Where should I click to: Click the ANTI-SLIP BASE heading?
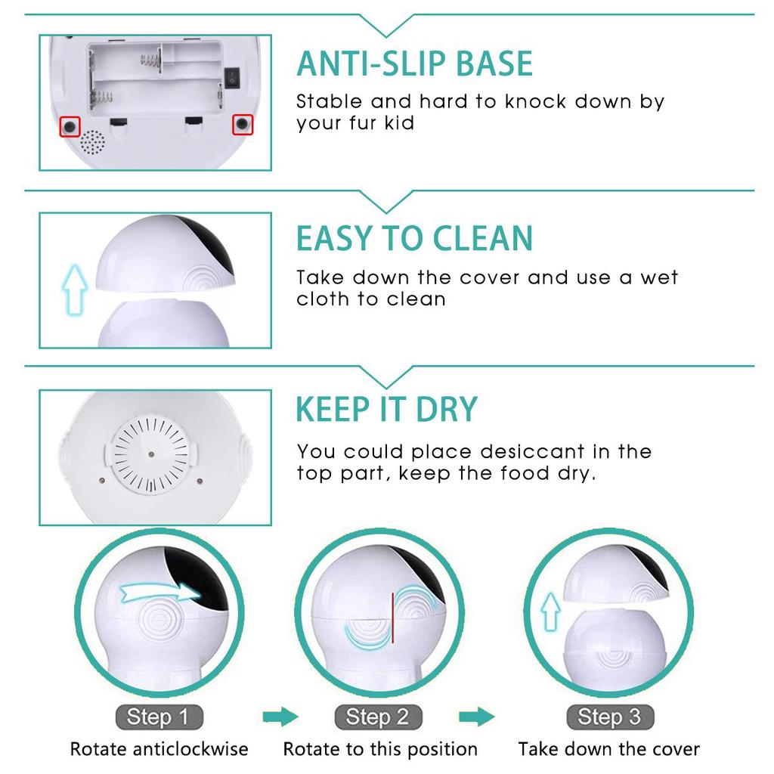[x=414, y=63]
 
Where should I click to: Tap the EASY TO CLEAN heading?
[x=414, y=238]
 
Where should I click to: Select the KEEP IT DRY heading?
[x=386, y=409]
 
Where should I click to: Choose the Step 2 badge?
[x=376, y=717]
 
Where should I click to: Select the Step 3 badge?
[x=610, y=717]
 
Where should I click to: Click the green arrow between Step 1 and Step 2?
[x=280, y=717]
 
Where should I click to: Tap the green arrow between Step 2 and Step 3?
[x=476, y=717]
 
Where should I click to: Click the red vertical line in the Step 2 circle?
[x=392, y=618]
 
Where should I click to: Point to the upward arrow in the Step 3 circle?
[x=552, y=611]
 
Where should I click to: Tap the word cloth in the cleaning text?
[x=323, y=299]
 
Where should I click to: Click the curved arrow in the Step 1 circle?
[x=159, y=593]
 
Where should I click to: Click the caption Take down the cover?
[x=608, y=750]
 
